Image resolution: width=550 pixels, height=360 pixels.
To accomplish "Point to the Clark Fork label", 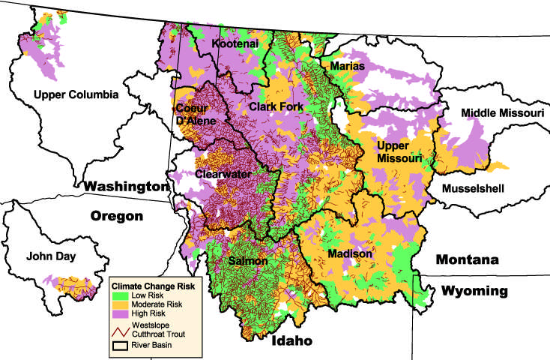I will tap(276, 107).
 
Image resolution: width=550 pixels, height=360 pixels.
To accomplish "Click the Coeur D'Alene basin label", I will tap(196, 114).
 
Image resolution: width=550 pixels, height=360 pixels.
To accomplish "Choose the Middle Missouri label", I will tap(501, 112).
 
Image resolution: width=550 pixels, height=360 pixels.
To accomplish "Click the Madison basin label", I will tap(350, 254).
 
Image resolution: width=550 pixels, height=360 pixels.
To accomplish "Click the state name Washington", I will tap(124, 185).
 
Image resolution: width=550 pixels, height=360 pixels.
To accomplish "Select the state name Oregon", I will tap(116, 216).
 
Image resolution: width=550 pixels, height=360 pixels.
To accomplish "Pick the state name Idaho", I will tap(288, 341).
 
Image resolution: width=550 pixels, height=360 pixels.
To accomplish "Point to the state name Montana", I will tap(468, 259).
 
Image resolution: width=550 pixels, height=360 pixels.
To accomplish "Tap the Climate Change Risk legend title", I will tap(153, 286).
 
